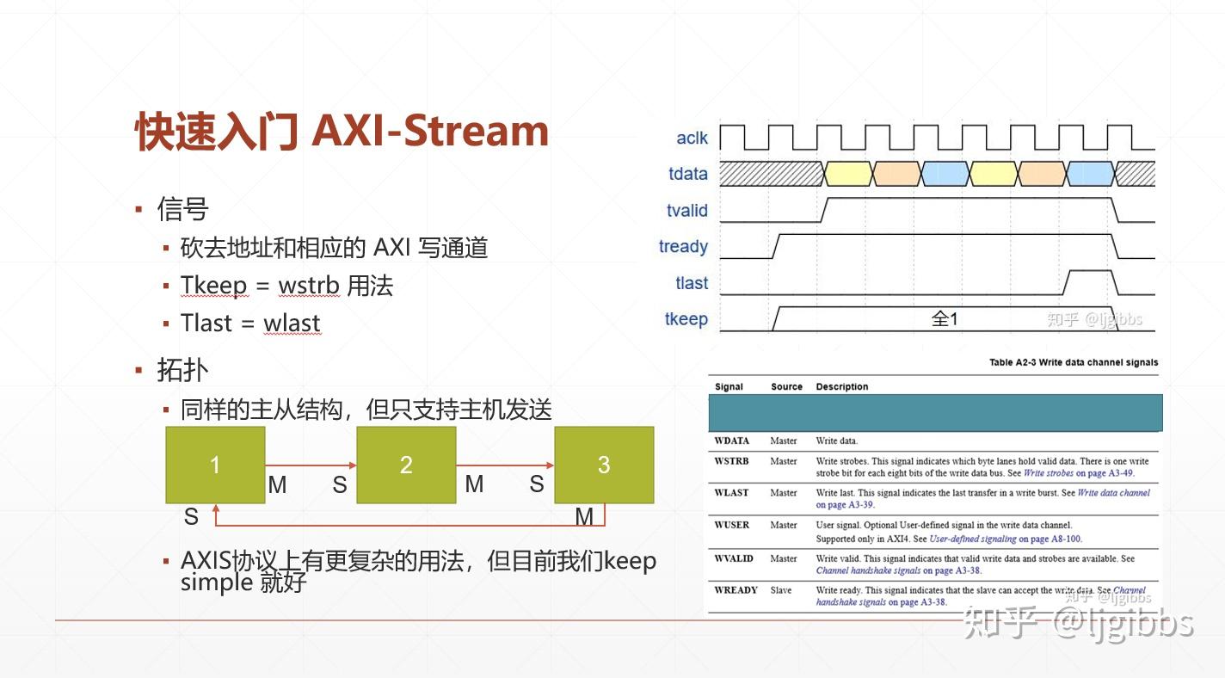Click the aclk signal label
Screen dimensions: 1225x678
[692, 138]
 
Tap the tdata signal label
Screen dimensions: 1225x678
[688, 174]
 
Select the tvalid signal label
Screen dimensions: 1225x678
[686, 211]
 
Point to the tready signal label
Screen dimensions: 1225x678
[683, 247]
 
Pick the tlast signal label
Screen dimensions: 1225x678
[692, 283]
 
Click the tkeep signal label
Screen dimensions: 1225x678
[686, 318]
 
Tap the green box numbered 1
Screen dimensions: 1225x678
[215, 465]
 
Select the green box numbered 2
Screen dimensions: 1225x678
[406, 465]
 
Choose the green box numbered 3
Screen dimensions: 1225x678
[604, 465]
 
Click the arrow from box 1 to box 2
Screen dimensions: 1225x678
[311, 465]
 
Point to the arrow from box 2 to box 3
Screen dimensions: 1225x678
[505, 465]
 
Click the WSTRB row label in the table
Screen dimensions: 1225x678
[731, 461]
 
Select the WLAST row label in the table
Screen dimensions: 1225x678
[731, 493]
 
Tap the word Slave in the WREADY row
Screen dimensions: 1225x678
[781, 590]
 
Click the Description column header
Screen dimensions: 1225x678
[841, 386]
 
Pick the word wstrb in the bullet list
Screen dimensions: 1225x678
[309, 286]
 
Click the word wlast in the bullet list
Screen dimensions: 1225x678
[292, 324]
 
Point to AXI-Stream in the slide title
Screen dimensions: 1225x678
[430, 131]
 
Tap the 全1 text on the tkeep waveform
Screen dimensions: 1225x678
[945, 318]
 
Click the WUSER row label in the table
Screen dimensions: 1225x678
[731, 525]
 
